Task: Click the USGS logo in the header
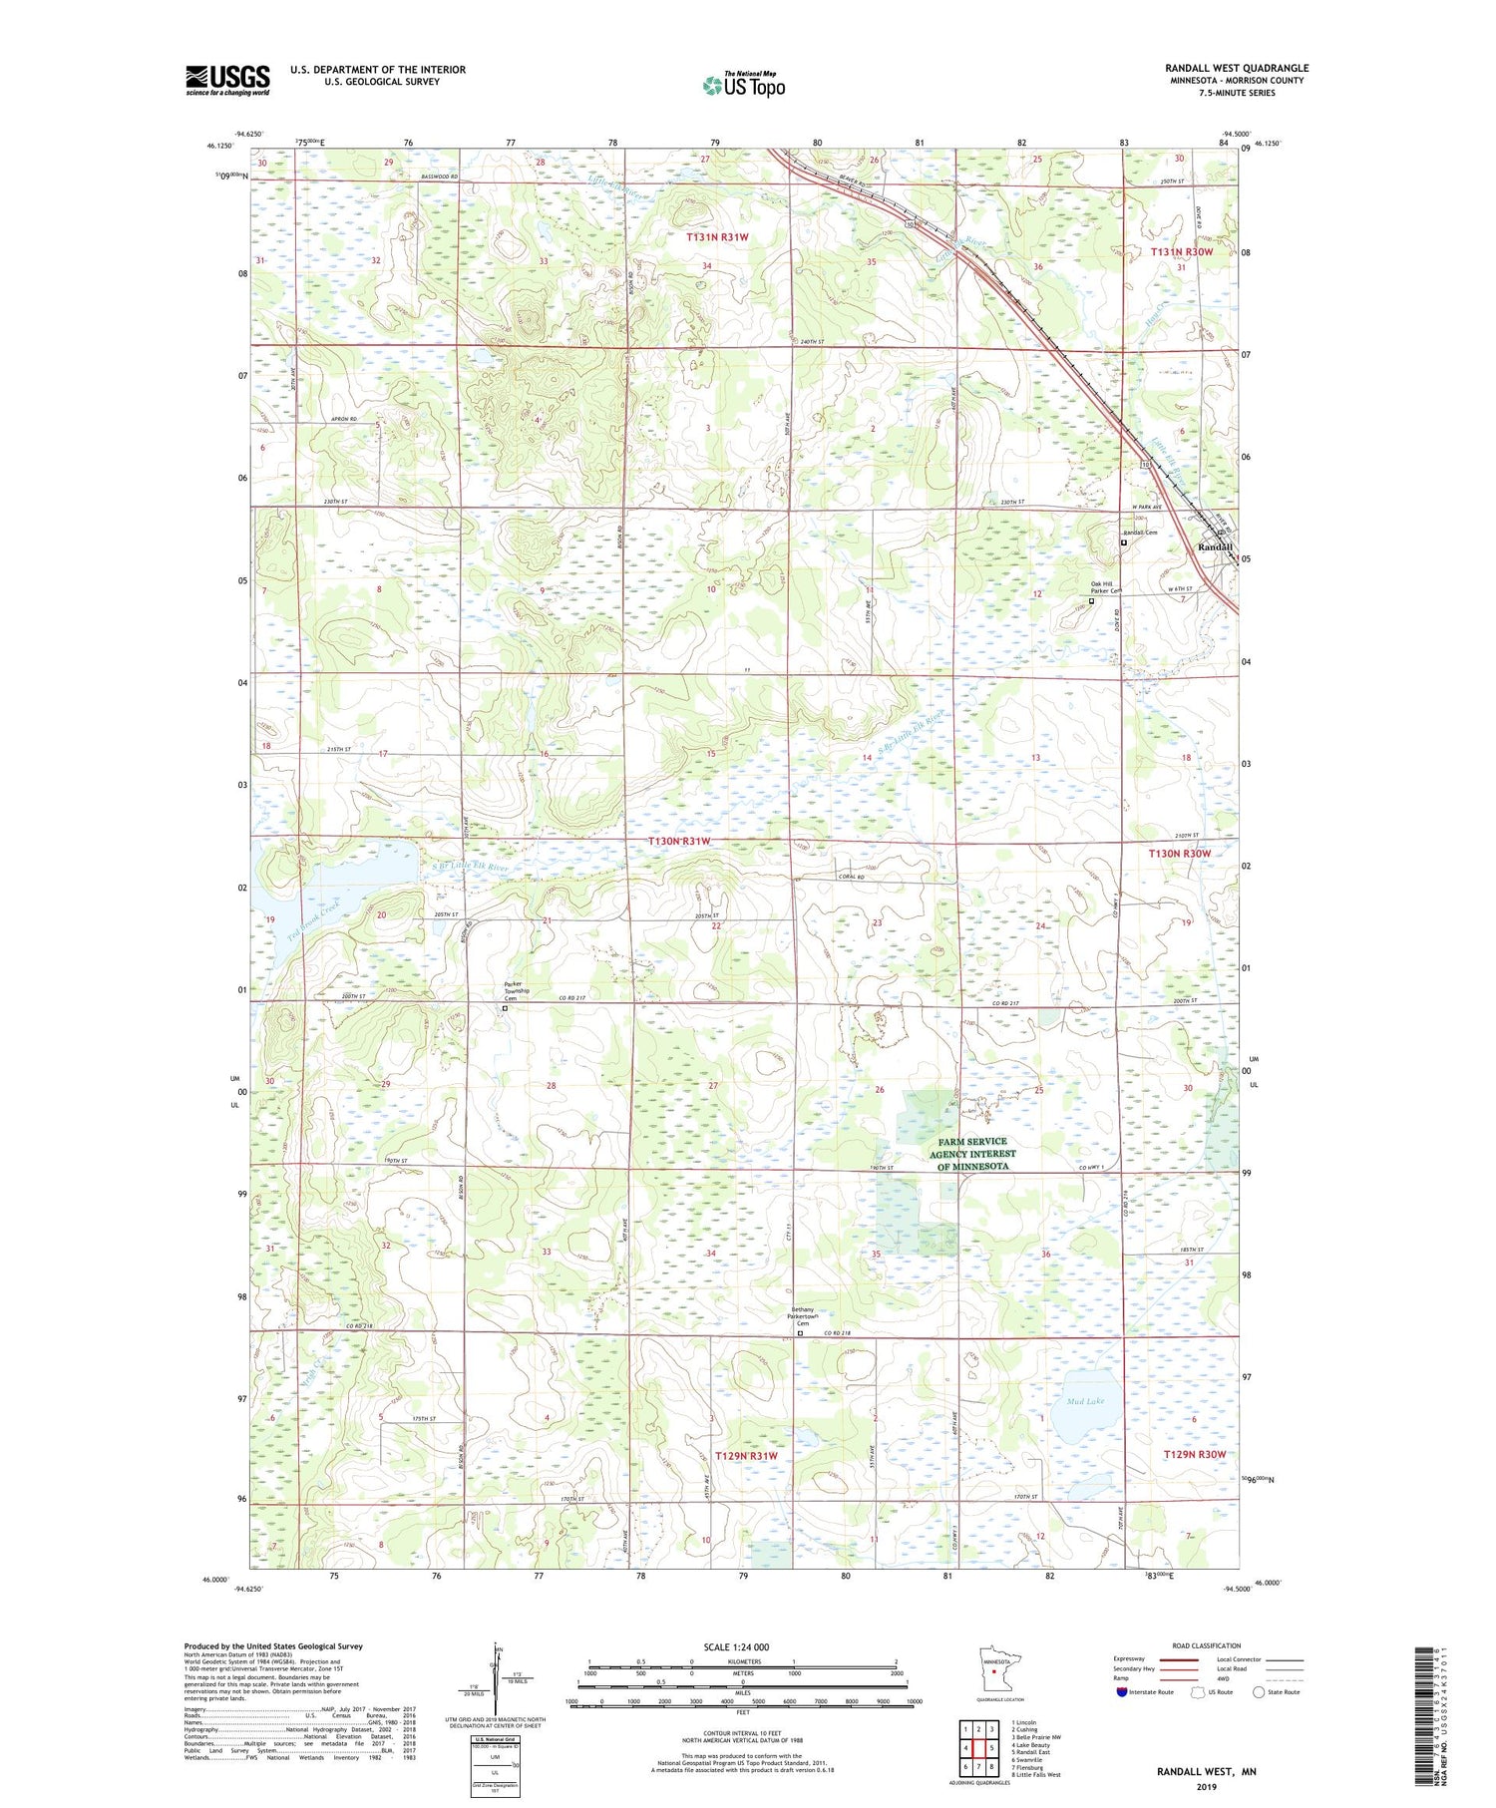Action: click(227, 80)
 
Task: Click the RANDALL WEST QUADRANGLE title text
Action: click(1236, 68)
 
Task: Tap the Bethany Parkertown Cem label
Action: click(789, 1315)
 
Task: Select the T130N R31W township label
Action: click(681, 841)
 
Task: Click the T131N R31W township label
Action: click(717, 237)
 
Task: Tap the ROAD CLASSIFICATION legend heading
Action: click(1207, 1645)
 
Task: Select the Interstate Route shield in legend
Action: click(1122, 1692)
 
